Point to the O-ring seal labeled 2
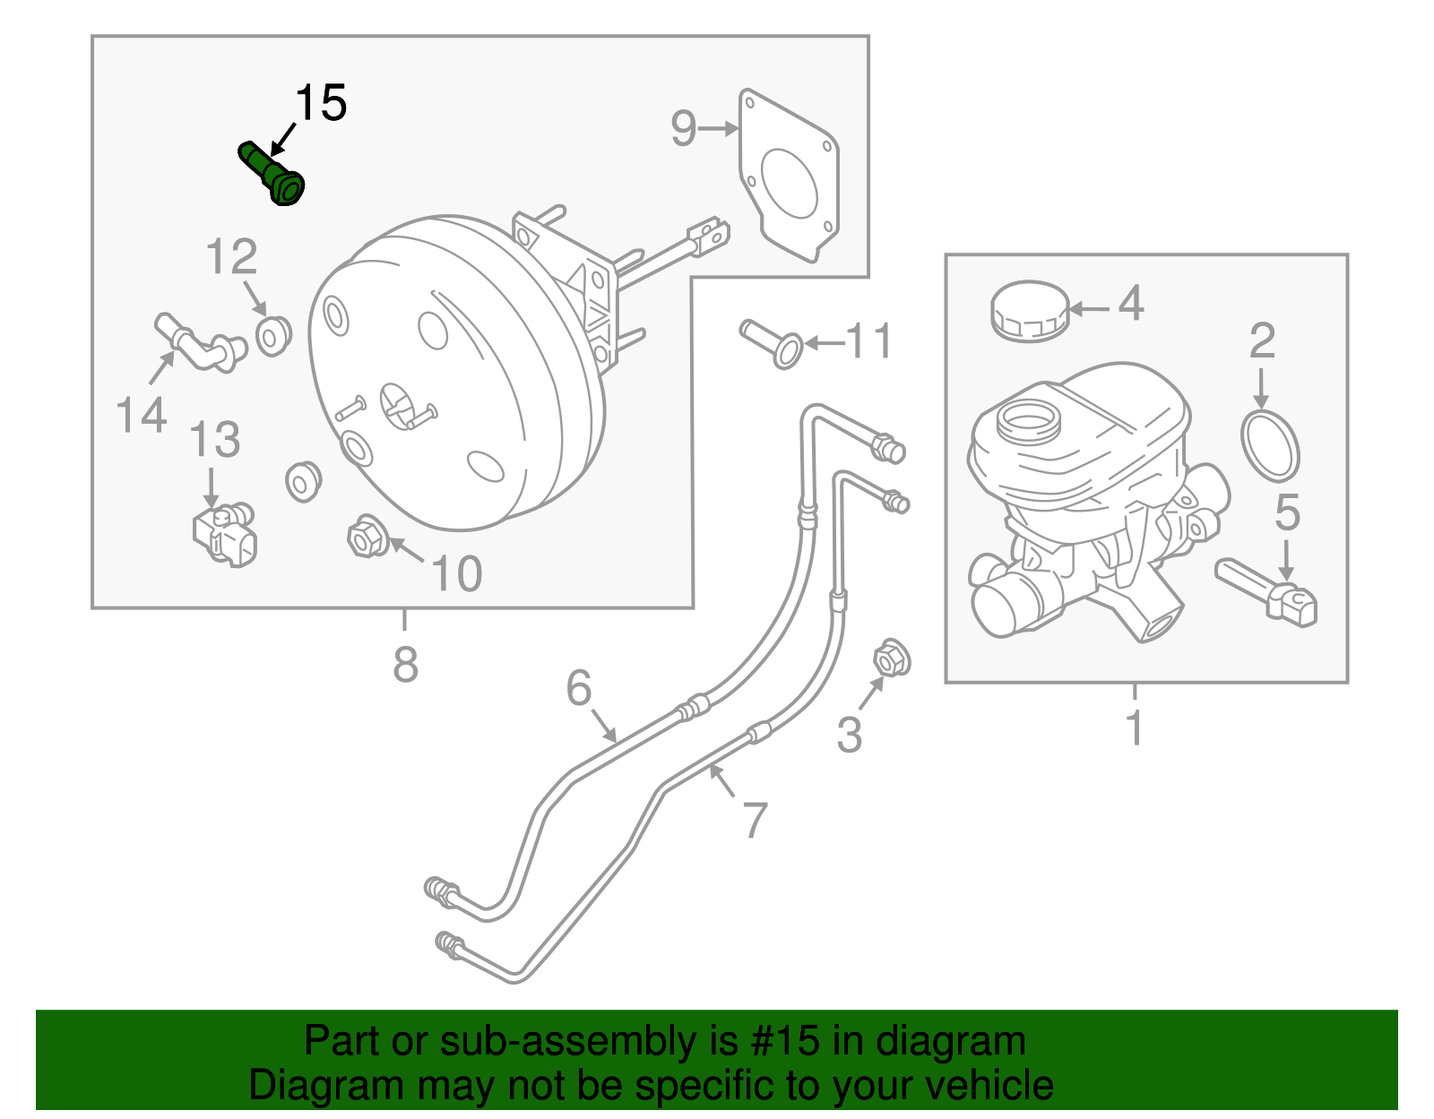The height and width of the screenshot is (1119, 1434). point(1270,445)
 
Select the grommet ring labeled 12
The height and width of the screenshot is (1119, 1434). point(273,335)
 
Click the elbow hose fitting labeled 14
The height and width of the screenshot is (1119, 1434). point(199,342)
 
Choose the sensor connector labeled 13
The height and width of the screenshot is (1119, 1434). point(224,535)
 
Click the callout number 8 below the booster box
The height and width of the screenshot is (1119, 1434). point(405,665)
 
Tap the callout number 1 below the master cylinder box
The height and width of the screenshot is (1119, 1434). point(1135,727)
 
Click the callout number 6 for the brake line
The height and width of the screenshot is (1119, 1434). point(579,688)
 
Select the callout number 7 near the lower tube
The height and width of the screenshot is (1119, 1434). point(756,819)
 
